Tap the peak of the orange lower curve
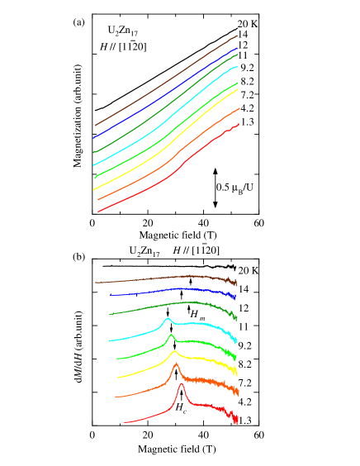(x=176, y=364)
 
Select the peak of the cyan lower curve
(x=168, y=319)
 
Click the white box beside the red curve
(x=110, y=418)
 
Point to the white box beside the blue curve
(x=102, y=296)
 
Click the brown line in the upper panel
(x=165, y=79)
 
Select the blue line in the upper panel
(x=165, y=93)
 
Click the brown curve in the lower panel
(x=165, y=278)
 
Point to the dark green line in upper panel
(x=165, y=105)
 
